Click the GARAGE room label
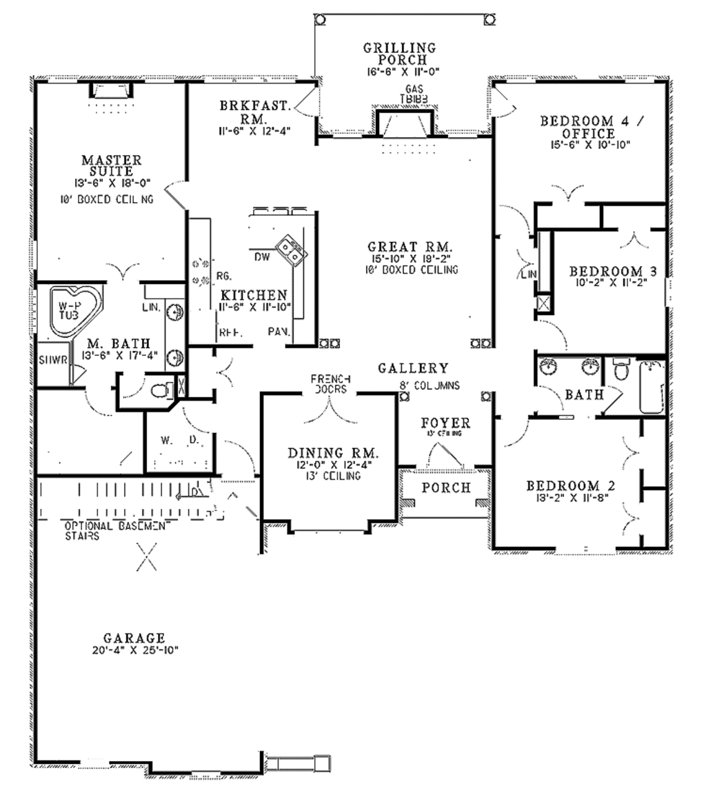[x=134, y=638]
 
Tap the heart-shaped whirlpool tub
[x=72, y=311]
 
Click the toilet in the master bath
[x=161, y=391]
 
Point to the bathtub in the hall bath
[x=651, y=387]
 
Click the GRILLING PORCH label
[x=400, y=53]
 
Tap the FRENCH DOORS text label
[x=331, y=383]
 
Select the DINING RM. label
[x=333, y=454]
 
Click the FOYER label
[x=446, y=423]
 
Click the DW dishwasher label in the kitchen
[x=261, y=256]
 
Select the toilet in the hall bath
[x=622, y=371]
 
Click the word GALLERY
[x=413, y=369]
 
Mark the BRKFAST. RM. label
[x=254, y=112]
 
